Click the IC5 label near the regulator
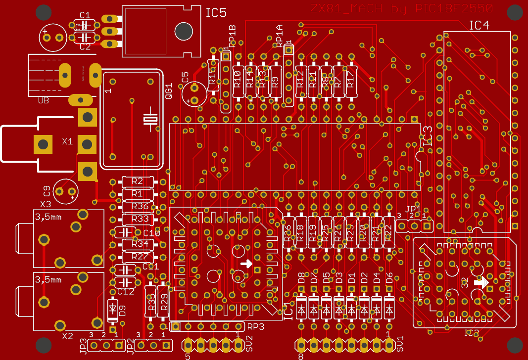216,13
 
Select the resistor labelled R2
137,181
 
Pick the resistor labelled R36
140,206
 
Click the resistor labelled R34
140,244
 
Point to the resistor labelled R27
140,256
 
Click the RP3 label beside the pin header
256,327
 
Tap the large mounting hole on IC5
184,31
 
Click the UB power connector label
44,100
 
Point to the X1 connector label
67,141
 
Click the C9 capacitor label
47,190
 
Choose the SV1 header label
400,345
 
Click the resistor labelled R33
140,219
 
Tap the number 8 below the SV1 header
300,356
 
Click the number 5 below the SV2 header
188,356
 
